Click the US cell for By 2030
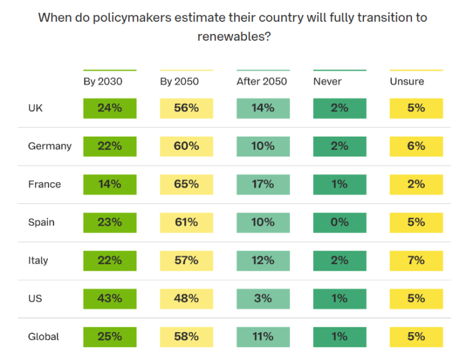point(110,298)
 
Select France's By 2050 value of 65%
point(186,184)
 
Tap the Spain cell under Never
point(340,222)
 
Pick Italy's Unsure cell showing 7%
point(416,260)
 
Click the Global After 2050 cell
point(263,336)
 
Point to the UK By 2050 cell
point(186,108)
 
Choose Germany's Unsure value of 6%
point(416,146)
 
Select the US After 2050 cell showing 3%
point(263,298)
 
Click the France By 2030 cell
point(110,184)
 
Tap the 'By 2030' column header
point(103,81)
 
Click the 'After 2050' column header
point(262,81)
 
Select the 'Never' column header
point(327,81)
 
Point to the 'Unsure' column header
point(407,81)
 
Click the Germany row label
point(50,146)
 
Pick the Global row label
point(44,336)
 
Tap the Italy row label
point(38,260)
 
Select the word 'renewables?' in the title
point(234,36)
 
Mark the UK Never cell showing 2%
point(340,108)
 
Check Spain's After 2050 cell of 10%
point(263,222)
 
